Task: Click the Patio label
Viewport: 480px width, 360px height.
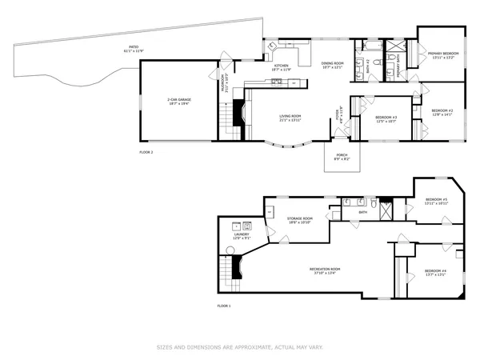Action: coord(132,50)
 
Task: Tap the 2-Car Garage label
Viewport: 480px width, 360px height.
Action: coord(178,102)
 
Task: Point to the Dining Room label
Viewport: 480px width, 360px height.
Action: coord(332,65)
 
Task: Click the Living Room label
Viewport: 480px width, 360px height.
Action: coord(290,118)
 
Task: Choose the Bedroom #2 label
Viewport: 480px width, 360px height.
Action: coord(442,112)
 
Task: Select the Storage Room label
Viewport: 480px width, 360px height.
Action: coord(300,219)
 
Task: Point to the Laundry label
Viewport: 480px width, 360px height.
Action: coord(242,236)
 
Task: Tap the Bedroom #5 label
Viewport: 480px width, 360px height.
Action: coord(436,201)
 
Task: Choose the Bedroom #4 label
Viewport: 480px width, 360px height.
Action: coord(435,272)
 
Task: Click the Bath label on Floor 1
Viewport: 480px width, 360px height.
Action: coord(363,213)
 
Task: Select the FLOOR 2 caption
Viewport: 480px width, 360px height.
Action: coord(146,152)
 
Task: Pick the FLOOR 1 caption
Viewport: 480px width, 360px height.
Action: coord(224,306)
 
